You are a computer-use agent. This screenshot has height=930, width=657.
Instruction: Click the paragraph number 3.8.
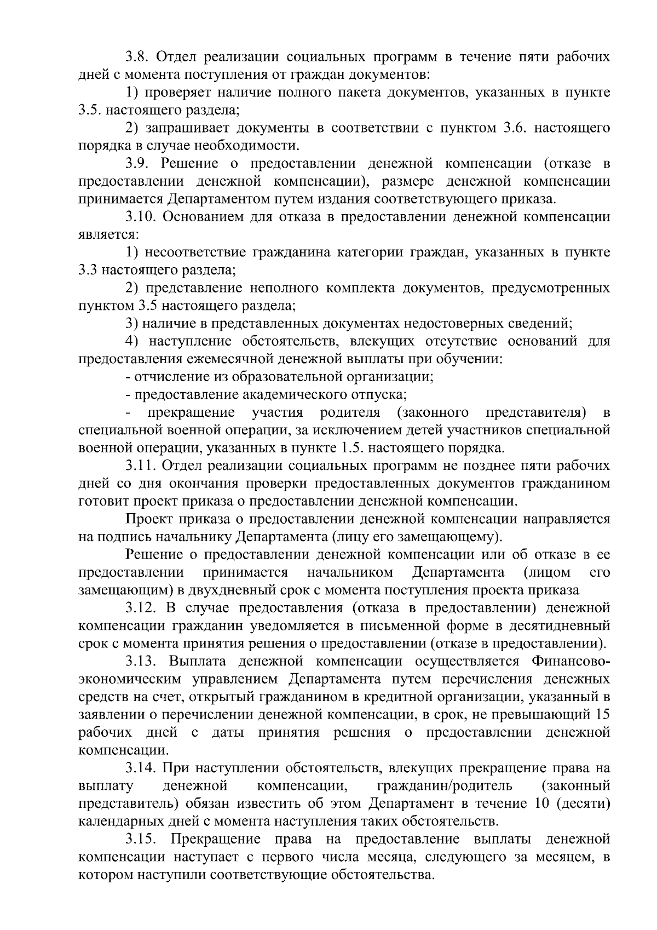[x=137, y=57]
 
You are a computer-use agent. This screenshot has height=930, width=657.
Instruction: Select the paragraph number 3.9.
[x=137, y=164]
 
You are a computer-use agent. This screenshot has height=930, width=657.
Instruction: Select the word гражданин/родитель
[x=445, y=787]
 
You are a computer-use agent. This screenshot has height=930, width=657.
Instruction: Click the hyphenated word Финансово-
[x=570, y=662]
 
